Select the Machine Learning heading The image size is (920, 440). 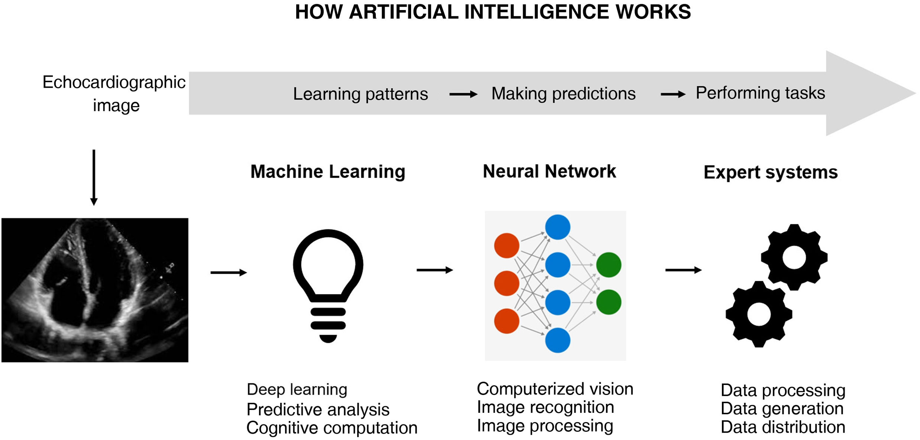coord(327,172)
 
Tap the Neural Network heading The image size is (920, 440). coord(549,171)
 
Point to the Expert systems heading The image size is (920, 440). coord(770,173)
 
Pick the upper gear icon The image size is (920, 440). coord(794,257)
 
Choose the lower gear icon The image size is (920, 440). coord(759,314)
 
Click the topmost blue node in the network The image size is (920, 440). coord(558,227)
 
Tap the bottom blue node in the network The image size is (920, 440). coord(558,340)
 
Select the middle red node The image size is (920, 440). coord(506,283)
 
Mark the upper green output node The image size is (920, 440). coord(609,264)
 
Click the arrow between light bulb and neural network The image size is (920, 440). coord(434,270)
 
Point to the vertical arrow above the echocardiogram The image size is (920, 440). coord(94,177)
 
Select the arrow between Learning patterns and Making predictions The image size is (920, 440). coord(463,94)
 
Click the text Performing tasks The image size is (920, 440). coord(760,93)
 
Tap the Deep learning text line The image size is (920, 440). coord(297,389)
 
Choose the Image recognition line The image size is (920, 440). coord(545,407)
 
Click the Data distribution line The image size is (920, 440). coord(782,427)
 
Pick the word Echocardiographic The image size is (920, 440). coord(114,82)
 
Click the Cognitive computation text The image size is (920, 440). coord(332,428)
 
